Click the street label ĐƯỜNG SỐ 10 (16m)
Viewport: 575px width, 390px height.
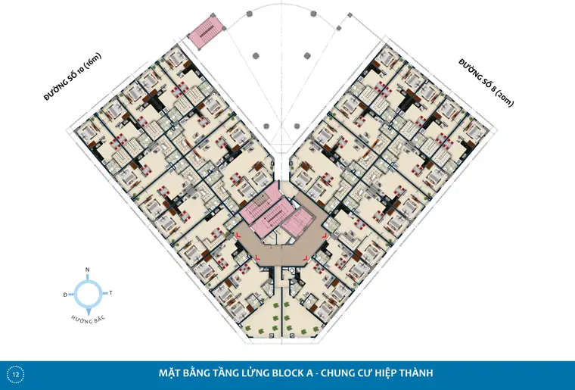coord(72,76)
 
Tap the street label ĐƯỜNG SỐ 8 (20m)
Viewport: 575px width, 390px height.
coord(486,83)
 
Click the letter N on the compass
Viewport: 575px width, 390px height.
coord(87,270)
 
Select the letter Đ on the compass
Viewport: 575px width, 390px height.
coord(65,295)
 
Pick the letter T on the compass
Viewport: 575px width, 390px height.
coord(110,293)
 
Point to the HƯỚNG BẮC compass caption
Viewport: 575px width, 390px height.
coord(88,319)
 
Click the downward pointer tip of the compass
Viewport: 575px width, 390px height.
coord(88,310)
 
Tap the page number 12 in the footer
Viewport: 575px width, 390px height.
coord(16,375)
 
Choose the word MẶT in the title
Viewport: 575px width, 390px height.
coord(168,373)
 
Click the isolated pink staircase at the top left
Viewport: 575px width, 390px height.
coord(207,32)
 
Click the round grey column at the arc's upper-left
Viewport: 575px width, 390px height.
coord(250,14)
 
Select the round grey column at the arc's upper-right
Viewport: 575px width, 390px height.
coord(313,14)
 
